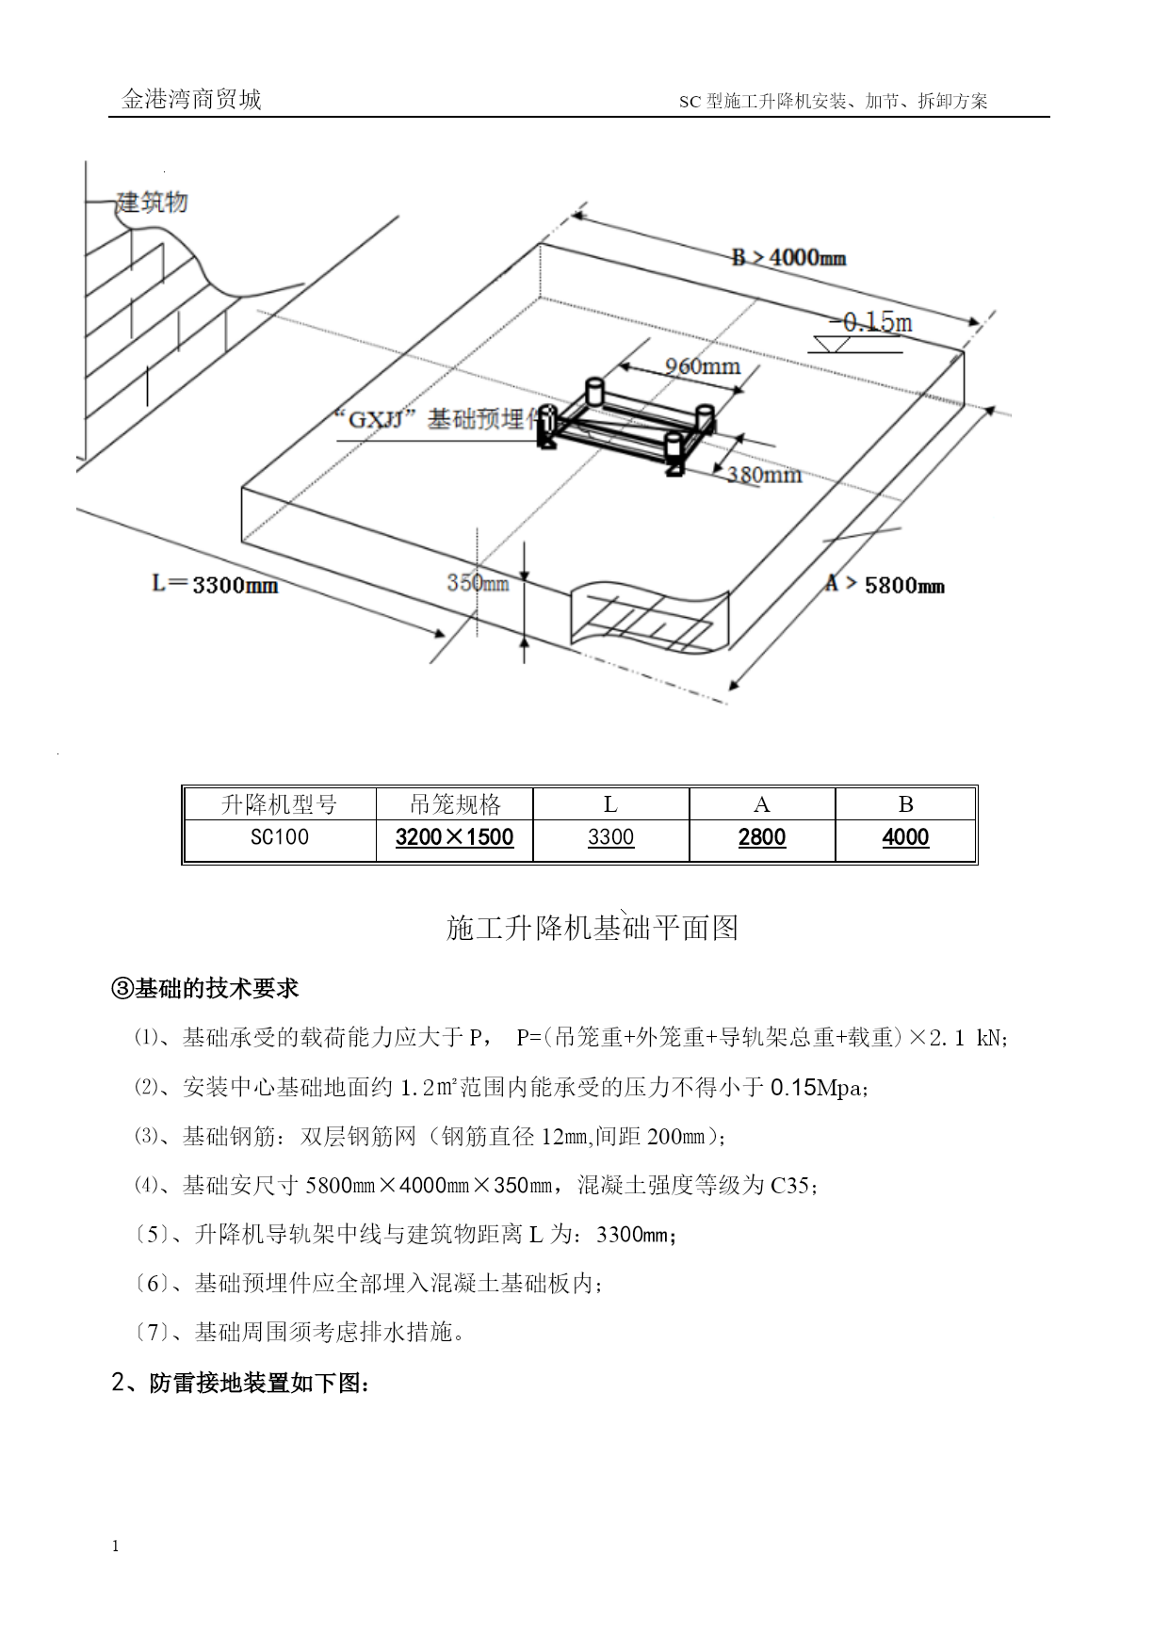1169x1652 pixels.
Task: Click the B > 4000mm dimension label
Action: tap(788, 256)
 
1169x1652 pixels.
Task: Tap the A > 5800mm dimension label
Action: tap(885, 585)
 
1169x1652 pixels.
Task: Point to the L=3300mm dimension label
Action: tap(216, 585)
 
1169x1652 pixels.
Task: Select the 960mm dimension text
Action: tap(703, 366)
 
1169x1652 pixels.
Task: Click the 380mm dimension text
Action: tap(764, 474)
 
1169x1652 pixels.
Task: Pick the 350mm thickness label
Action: tap(478, 583)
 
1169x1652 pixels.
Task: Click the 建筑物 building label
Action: tap(152, 202)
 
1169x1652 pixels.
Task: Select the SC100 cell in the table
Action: tap(279, 837)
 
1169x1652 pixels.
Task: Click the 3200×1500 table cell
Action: tap(454, 837)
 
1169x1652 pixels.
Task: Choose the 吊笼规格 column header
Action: tap(455, 804)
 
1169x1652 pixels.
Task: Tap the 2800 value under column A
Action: tap(762, 837)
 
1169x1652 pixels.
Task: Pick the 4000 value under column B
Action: tap(905, 837)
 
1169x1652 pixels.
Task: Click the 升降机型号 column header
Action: tap(279, 804)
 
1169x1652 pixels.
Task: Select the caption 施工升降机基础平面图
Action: tap(593, 929)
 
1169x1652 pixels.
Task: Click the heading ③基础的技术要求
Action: tap(205, 988)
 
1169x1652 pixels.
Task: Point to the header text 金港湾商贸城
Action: tap(191, 100)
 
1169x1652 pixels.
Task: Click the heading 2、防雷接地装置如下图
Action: tap(241, 1384)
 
